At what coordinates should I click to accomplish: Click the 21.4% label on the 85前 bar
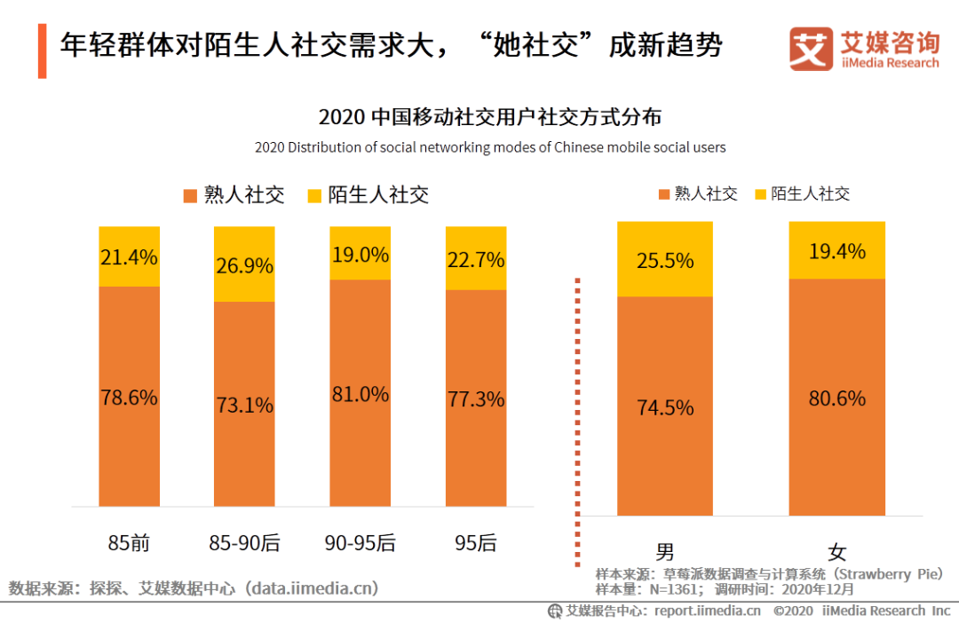click(x=129, y=257)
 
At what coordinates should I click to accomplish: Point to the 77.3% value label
click(x=476, y=398)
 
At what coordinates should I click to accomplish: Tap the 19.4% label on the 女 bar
click(x=837, y=252)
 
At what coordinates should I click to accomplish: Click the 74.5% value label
click(x=665, y=407)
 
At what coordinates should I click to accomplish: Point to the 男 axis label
click(x=665, y=552)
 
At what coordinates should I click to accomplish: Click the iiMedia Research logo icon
click(x=811, y=49)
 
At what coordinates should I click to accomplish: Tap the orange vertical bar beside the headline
click(x=42, y=51)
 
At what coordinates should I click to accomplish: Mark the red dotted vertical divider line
click(x=578, y=417)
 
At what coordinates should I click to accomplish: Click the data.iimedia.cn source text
click(x=311, y=588)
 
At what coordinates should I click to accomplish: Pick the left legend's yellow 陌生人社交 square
click(x=313, y=195)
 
